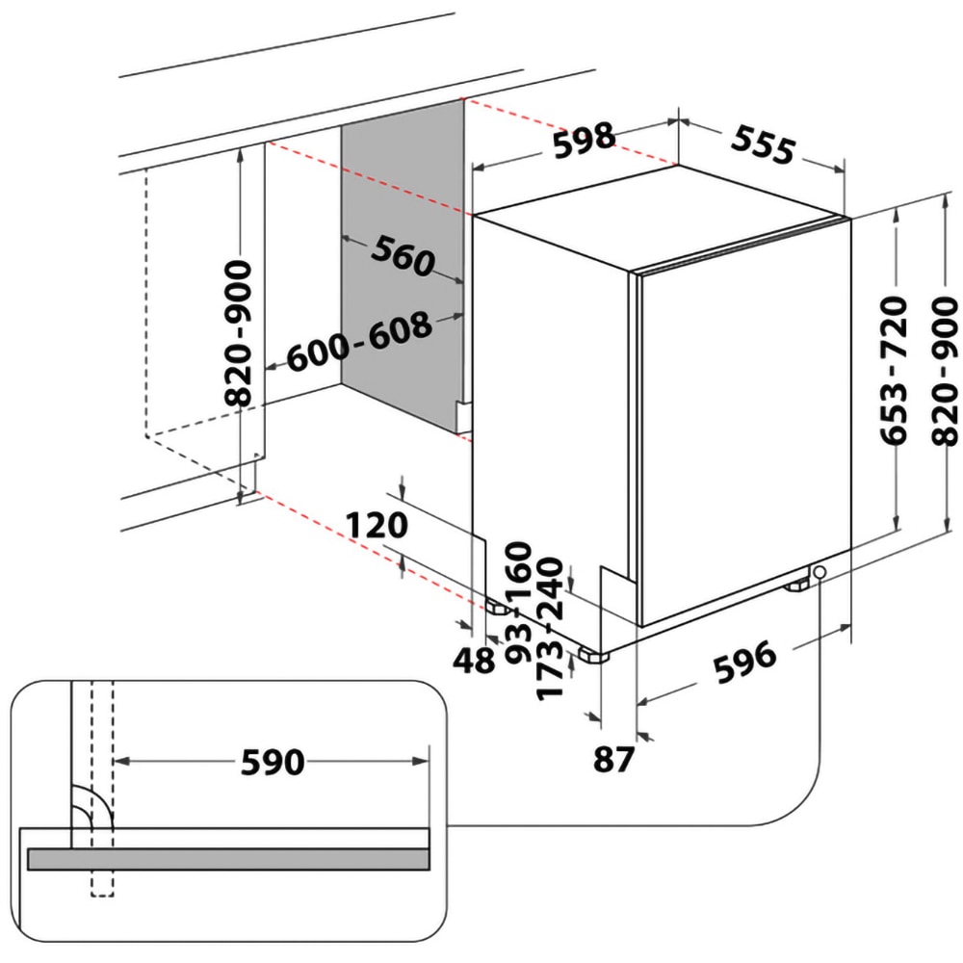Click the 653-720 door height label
coord(895,370)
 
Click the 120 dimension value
coord(378,525)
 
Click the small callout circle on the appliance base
coord(820,574)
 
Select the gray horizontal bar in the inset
coord(228,859)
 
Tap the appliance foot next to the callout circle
coord(798,584)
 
